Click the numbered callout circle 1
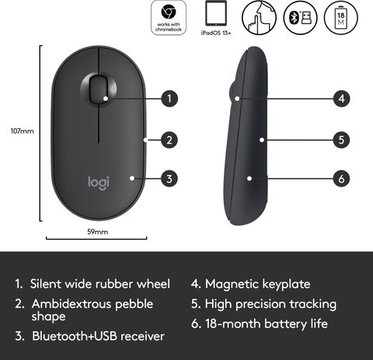(169, 99)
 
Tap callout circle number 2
(169, 140)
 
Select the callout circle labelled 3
(169, 179)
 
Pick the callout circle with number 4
(341, 99)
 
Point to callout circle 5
(341, 140)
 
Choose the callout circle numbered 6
(341, 179)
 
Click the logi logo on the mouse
(99, 183)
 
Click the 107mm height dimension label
(23, 131)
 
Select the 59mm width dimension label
(97, 232)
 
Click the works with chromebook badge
(169, 18)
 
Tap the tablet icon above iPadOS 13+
(216, 13)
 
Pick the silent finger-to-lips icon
(259, 17)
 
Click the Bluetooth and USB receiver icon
(301, 17)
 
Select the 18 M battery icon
(341, 17)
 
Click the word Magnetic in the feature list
(232, 285)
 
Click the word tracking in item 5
(312, 305)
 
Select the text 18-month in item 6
(233, 324)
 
